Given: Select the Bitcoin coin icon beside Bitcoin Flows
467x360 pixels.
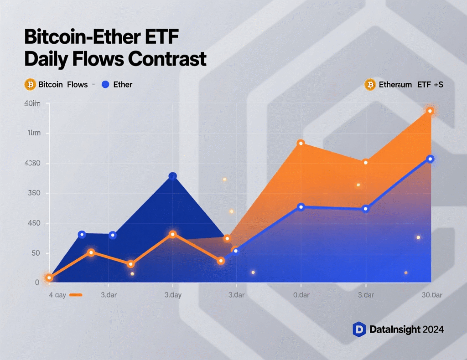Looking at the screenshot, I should tap(30, 84).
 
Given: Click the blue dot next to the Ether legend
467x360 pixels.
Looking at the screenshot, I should tap(105, 84).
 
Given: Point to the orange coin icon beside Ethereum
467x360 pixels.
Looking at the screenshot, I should tap(370, 84).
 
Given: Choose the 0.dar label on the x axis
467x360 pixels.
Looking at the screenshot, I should tap(301, 295).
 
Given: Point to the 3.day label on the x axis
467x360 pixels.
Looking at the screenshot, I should tap(173, 295).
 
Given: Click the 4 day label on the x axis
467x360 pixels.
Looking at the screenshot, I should tap(57, 295).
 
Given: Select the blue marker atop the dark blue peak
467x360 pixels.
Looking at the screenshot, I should tap(172, 176).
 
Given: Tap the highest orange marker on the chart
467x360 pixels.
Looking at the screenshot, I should tap(430, 111).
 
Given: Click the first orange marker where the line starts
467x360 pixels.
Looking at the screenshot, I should tap(49, 278).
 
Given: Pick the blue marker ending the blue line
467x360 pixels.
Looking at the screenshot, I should tap(430, 159).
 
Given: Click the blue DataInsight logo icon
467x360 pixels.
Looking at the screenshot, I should tap(359, 329).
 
